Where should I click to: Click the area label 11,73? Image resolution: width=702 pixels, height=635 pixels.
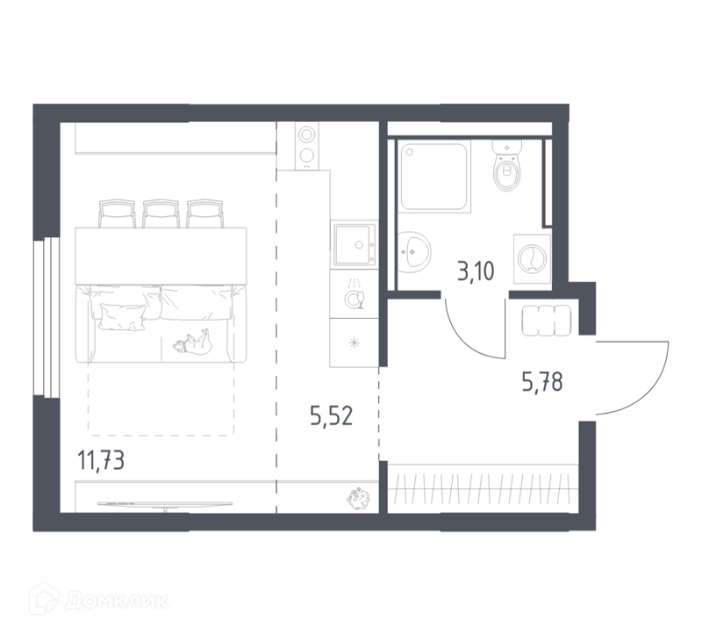pyautogui.click(x=101, y=461)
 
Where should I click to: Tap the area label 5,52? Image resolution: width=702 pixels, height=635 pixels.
pyautogui.click(x=332, y=415)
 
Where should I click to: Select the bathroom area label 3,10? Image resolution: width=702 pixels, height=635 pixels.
pyautogui.click(x=476, y=271)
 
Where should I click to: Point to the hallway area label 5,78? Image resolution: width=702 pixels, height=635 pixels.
pyautogui.click(x=542, y=383)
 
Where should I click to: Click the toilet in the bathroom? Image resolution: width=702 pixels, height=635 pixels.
pyautogui.click(x=507, y=165)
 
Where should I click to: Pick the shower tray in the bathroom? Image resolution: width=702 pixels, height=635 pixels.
pyautogui.click(x=434, y=177)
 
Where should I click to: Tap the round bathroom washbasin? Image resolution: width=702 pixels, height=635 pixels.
pyautogui.click(x=414, y=252)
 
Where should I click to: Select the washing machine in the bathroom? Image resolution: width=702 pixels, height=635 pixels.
pyautogui.click(x=532, y=258)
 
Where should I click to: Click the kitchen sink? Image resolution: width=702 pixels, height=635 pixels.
pyautogui.click(x=355, y=244)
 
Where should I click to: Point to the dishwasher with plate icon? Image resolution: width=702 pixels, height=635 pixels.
pyautogui.click(x=355, y=293)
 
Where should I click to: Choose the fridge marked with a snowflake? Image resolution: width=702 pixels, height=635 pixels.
pyautogui.click(x=355, y=343)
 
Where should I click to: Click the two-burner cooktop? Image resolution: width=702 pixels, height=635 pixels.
pyautogui.click(x=306, y=146)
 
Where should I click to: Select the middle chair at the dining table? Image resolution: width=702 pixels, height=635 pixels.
pyautogui.click(x=161, y=213)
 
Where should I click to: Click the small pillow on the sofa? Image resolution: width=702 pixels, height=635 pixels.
pyautogui.click(x=123, y=317)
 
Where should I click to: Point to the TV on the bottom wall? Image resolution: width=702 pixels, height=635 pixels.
pyautogui.click(x=165, y=505)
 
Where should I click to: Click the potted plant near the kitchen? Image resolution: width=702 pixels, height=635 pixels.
pyautogui.click(x=360, y=499)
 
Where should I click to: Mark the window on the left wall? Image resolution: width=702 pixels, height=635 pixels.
pyautogui.click(x=47, y=318)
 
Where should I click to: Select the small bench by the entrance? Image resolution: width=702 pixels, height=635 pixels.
pyautogui.click(x=546, y=321)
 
